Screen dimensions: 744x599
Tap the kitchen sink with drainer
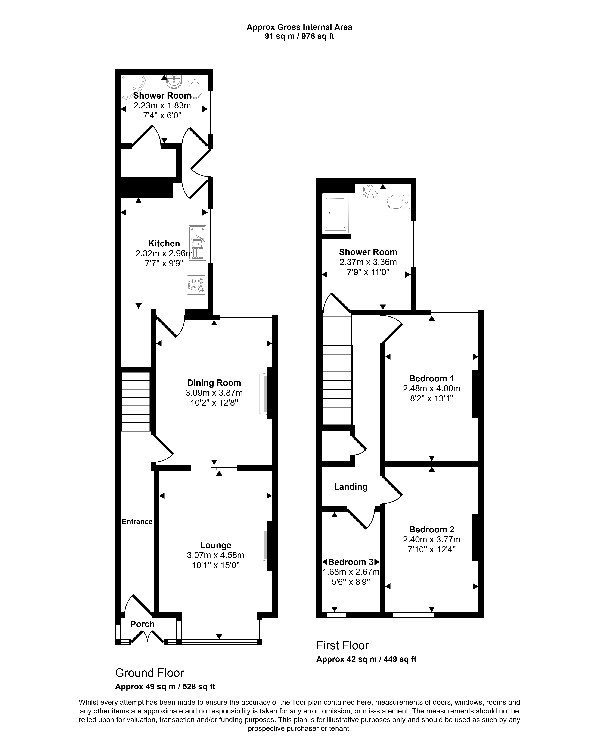click(197, 243)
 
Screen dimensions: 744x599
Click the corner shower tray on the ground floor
click(133, 86)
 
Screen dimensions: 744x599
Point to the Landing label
click(350, 487)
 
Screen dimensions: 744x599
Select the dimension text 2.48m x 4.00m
click(431, 388)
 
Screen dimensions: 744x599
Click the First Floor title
click(342, 645)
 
